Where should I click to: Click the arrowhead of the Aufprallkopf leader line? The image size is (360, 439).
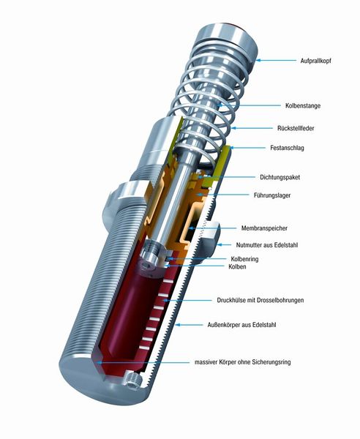pyautogui.click(x=260, y=59)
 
